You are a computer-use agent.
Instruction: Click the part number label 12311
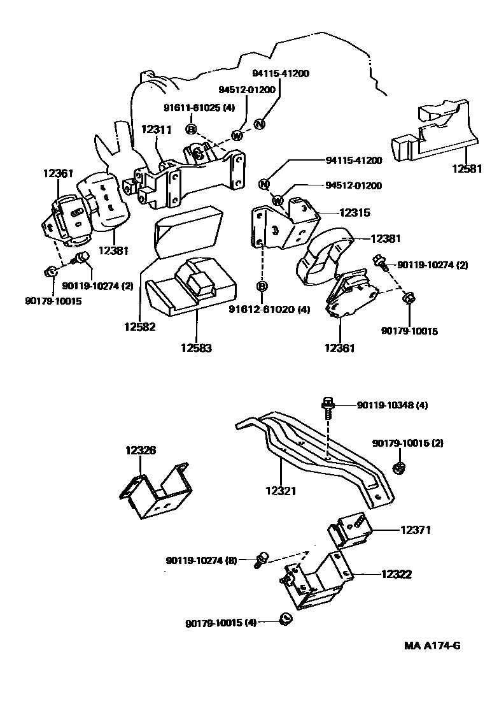tap(157, 129)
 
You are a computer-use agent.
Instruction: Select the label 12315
tap(355, 213)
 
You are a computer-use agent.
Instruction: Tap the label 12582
tap(140, 327)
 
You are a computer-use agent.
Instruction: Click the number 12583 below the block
tap(196, 348)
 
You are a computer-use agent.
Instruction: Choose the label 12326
tap(141, 451)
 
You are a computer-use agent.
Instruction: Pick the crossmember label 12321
tap(281, 491)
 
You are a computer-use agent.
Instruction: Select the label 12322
tap(397, 574)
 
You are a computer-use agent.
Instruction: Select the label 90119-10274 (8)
tap(202, 560)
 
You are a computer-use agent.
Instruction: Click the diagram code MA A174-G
tap(432, 646)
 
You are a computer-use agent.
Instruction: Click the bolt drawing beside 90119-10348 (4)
tap(328, 408)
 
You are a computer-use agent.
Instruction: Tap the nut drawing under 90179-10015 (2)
tap(400, 468)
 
